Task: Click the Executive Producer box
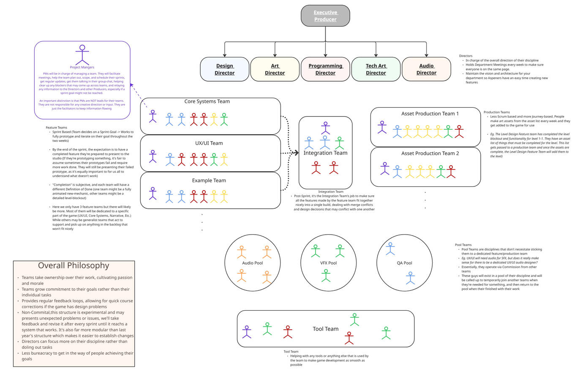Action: coord(325,16)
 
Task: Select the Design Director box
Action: coord(224,69)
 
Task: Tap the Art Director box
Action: coord(275,69)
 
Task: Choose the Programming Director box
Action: coord(325,69)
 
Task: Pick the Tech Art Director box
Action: coord(376,69)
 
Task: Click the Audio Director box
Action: coord(426,69)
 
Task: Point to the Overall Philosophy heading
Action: coord(74,265)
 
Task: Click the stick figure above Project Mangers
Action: coord(82,55)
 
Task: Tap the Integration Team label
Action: coord(325,153)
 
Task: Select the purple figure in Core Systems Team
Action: coord(153,116)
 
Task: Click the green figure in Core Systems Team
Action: coord(224,119)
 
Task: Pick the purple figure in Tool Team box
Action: coord(247,332)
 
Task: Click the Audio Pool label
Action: coord(252,263)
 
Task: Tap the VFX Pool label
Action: coord(328,263)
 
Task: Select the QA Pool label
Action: coord(404,263)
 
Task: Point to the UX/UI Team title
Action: coord(209,143)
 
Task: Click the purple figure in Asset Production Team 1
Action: coord(382,127)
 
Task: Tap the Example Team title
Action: coord(209,180)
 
